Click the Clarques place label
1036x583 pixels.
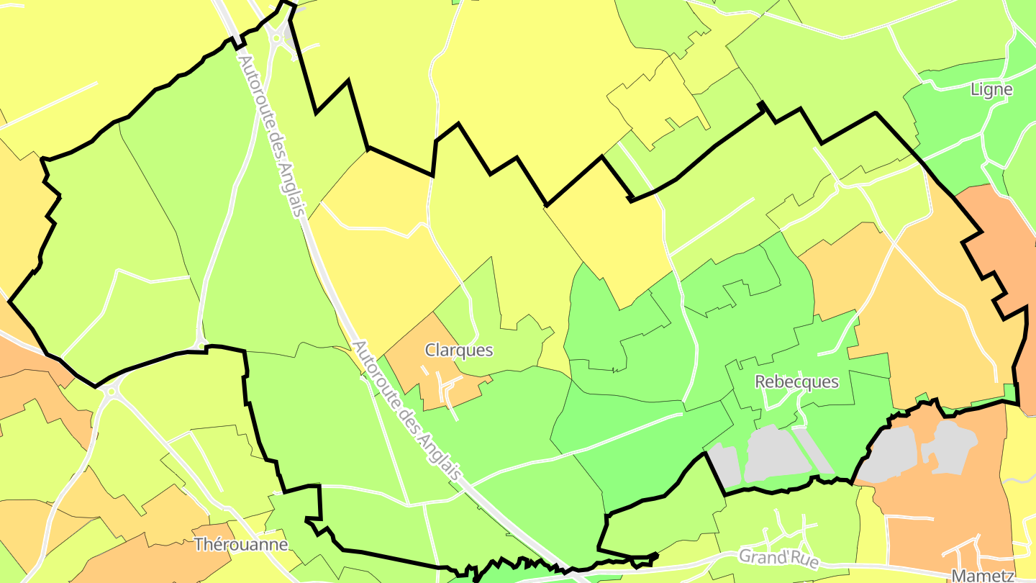pyautogui.click(x=459, y=351)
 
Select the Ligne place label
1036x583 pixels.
pyautogui.click(x=991, y=90)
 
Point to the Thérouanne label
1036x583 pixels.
pyautogui.click(x=241, y=545)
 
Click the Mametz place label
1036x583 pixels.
pyautogui.click(x=982, y=575)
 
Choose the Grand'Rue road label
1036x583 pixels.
pyautogui.click(x=779, y=558)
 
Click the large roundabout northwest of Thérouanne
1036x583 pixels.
pyautogui.click(x=110, y=392)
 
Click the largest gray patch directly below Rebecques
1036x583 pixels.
pyautogui.click(x=773, y=453)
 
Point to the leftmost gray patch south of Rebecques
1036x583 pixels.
pyautogui.click(x=724, y=464)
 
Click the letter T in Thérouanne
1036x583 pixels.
pyautogui.click(x=199, y=545)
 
